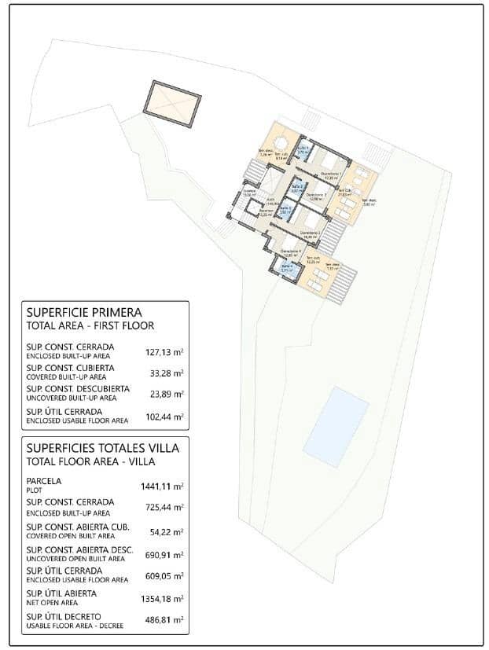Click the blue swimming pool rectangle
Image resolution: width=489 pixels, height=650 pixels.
coord(336,426)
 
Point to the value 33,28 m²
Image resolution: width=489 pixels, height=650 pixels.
coord(167,373)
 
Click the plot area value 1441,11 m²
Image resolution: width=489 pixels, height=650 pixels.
coord(163,487)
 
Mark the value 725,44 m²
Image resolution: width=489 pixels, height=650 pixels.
coord(165,509)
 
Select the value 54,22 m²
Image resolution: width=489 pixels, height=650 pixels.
coord(167,532)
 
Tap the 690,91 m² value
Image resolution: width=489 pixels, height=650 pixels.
coord(165,554)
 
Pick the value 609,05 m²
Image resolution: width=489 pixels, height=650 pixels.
coord(165,576)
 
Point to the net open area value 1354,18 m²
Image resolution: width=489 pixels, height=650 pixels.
coord(163,598)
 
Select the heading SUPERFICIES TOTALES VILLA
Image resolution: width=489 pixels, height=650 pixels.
coord(102,447)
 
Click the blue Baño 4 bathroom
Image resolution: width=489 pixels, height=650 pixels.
coord(288,267)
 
